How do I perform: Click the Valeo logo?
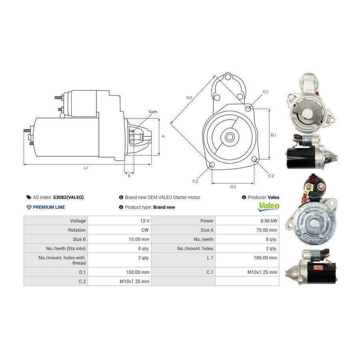(x=268, y=206)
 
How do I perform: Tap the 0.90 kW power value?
(x=269, y=221)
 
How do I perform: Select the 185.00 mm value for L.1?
(x=266, y=258)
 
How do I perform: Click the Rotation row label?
(x=77, y=230)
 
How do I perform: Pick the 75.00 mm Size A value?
(x=267, y=230)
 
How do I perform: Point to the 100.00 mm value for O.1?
(x=138, y=272)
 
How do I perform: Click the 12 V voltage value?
(x=145, y=221)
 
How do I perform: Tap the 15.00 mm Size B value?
(x=139, y=239)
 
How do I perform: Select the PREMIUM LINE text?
(x=49, y=207)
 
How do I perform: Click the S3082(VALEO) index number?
(x=68, y=197)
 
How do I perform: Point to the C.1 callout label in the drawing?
(x=266, y=92)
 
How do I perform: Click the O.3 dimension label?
(x=189, y=98)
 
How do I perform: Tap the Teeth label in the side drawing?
(x=153, y=112)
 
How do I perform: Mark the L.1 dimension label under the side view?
(x=86, y=168)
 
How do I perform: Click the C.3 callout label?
(x=195, y=181)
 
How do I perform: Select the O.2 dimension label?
(x=233, y=187)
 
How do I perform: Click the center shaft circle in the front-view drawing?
(x=229, y=137)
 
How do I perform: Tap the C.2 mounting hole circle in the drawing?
(x=254, y=159)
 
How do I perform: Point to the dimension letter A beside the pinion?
(x=163, y=136)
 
